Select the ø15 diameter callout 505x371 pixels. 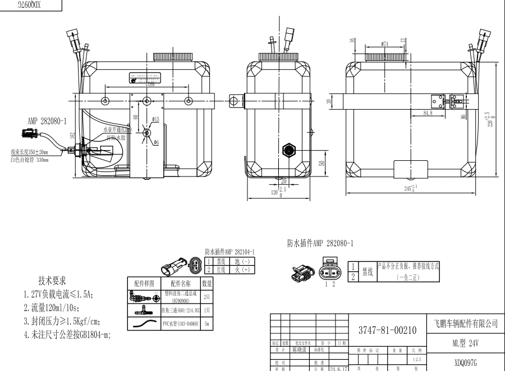coord(155,119)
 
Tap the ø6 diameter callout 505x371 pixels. coord(155,142)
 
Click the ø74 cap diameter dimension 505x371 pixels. coord(385,43)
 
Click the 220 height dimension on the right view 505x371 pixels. coord(492,119)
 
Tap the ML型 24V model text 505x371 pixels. coord(466,342)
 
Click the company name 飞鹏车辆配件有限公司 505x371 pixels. coord(466,324)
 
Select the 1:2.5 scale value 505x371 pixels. coord(416,359)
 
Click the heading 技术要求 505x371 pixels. coord(52,280)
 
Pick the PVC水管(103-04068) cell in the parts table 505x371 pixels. coord(181,324)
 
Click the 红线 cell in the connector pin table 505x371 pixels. coord(223,269)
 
